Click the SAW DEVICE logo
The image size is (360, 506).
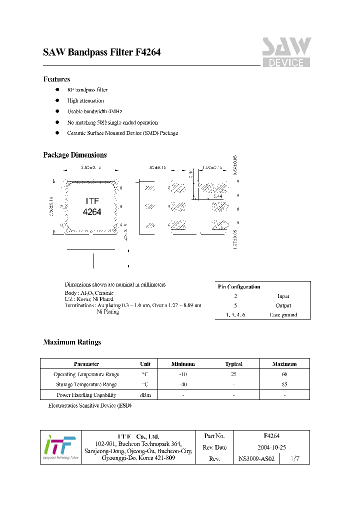286,52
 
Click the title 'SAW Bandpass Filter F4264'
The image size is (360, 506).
101,52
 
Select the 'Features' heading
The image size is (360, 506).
56,79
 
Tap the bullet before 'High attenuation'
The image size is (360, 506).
57,100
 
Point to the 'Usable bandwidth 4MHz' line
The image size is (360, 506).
94,111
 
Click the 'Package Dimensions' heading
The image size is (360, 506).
75,155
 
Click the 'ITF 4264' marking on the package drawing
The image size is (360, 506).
92,206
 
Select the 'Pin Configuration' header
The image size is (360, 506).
239,286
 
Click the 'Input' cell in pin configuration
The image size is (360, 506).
283,296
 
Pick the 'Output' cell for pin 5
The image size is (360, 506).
283,305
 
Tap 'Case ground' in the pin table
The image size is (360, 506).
283,315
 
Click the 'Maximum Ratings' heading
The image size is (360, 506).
72,342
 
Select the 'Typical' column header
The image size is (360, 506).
233,364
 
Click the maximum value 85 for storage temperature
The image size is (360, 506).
284,384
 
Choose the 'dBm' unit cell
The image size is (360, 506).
145,395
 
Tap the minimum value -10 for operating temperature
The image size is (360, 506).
183,374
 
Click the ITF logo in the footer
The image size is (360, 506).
60,446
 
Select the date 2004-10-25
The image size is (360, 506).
271,447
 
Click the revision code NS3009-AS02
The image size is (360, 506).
256,458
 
